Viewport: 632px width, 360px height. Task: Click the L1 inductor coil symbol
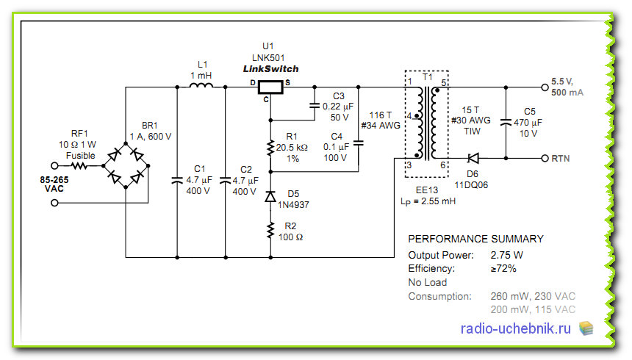click(201, 85)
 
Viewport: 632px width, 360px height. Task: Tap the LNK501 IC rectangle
click(270, 87)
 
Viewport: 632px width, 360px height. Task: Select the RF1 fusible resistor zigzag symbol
click(79, 166)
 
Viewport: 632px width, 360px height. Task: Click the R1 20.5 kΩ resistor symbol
click(270, 148)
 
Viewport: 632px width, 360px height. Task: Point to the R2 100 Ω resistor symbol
click(270, 231)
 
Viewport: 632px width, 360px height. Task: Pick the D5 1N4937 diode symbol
click(270, 197)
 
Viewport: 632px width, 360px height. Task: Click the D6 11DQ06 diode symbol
click(473, 159)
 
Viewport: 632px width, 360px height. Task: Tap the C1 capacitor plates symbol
click(177, 181)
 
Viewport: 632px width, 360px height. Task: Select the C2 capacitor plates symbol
click(226, 181)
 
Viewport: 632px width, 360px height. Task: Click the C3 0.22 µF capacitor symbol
click(315, 106)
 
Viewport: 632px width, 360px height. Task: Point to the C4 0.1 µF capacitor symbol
click(359, 143)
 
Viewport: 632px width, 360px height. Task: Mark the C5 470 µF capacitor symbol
click(506, 122)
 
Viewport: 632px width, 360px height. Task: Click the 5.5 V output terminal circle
click(545, 87)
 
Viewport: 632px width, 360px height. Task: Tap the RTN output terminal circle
click(545, 159)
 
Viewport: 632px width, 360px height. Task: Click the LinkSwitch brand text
click(271, 69)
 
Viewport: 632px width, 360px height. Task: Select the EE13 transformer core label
click(427, 190)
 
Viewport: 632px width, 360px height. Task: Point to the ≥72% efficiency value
click(503, 268)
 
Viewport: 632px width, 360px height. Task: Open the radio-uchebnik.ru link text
click(515, 328)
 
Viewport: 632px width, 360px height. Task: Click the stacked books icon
click(586, 328)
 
